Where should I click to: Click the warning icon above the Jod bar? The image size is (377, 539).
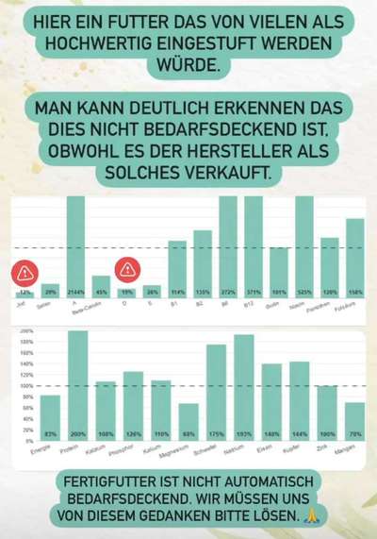pyautogui.click(x=25, y=275)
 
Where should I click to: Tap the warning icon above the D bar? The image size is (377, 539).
pyautogui.click(x=126, y=270)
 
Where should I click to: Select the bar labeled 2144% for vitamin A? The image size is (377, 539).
pyautogui.click(x=75, y=245)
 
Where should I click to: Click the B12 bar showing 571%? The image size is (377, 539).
pyautogui.click(x=254, y=245)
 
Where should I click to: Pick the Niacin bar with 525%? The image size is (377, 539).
pyautogui.click(x=304, y=245)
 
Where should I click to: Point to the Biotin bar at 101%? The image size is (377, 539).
pyautogui.click(x=279, y=272)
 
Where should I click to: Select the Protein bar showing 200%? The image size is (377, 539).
pyautogui.click(x=77, y=386)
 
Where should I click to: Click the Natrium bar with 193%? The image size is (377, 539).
pyautogui.click(x=244, y=388)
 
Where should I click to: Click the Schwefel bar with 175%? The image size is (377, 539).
pyautogui.click(x=216, y=393)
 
